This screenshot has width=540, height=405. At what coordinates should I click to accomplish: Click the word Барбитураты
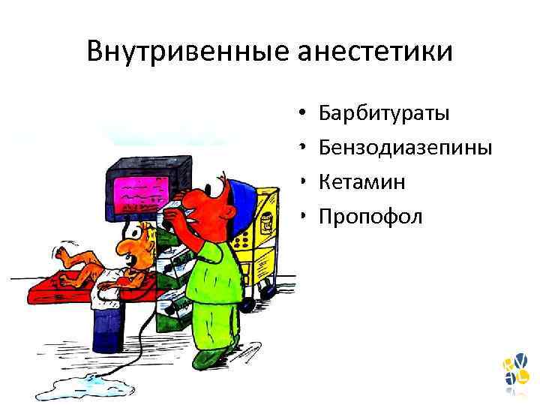pyautogui.click(x=384, y=114)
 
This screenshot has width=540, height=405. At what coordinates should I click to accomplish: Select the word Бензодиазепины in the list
pyautogui.click(x=405, y=148)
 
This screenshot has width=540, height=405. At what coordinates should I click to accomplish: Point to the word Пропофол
pyautogui.click(x=370, y=217)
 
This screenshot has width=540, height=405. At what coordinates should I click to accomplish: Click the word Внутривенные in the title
pyautogui.click(x=187, y=52)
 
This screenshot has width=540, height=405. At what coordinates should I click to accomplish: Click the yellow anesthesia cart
pyautogui.click(x=265, y=225)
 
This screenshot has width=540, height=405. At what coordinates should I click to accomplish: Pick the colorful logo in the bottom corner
pyautogui.click(x=515, y=373)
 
